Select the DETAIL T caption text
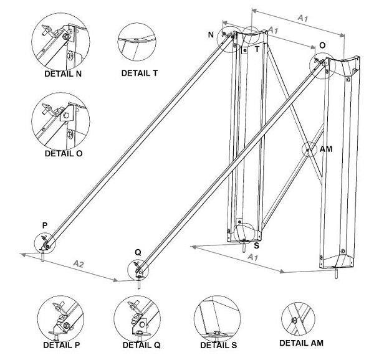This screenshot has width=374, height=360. click(x=139, y=73)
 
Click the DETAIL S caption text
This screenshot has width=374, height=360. click(x=218, y=345)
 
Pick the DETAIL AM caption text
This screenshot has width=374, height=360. click(x=301, y=343)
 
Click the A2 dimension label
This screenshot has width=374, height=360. click(x=79, y=265)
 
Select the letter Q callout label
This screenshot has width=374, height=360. click(x=138, y=253)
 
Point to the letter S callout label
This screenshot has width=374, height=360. click(x=257, y=247)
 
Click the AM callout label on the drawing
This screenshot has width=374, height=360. click(x=325, y=150)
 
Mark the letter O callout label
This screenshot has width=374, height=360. click(x=322, y=46)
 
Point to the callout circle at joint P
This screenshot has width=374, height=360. click(x=46, y=240)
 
